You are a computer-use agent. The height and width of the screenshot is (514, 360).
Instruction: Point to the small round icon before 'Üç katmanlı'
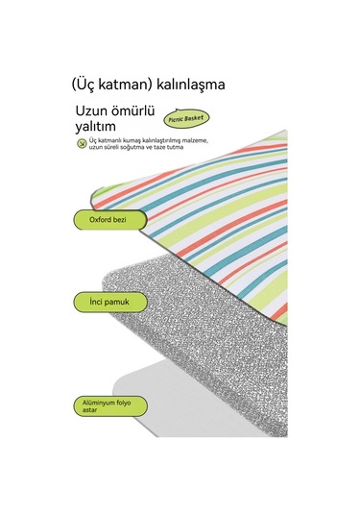pyautogui.click(x=82, y=142)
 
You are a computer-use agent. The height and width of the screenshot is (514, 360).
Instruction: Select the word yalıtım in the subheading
pyautogui.click(x=98, y=124)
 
